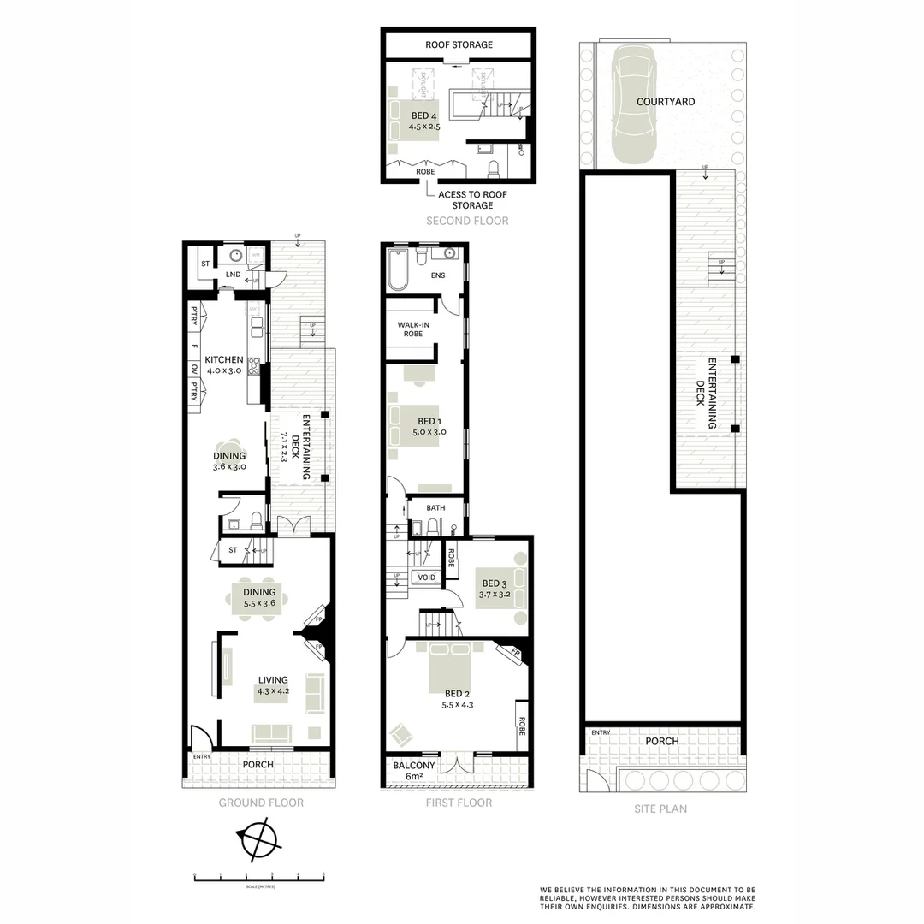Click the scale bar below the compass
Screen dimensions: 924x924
[259, 877]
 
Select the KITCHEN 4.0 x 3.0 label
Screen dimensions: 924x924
[225, 365]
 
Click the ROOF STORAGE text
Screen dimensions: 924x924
[459, 44]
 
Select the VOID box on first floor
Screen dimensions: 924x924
[425, 577]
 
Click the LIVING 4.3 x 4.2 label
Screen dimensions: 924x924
[275, 686]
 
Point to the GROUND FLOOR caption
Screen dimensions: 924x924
[261, 803]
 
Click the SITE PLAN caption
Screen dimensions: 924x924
[661, 808]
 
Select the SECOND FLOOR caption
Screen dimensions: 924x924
[468, 221]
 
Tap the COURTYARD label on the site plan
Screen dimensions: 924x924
[666, 102]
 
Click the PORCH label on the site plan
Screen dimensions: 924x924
[662, 741]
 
